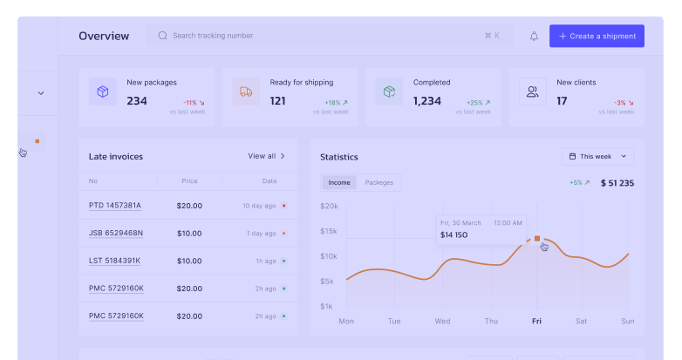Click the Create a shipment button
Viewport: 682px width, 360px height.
pyautogui.click(x=597, y=36)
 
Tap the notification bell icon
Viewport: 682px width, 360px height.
pyautogui.click(x=534, y=36)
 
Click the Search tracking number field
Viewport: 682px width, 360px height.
pyautogui.click(x=314, y=36)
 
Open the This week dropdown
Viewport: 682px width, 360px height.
pyautogui.click(x=598, y=156)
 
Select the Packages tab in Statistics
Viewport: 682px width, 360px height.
pyautogui.click(x=379, y=183)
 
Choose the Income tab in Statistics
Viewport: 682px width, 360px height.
pyautogui.click(x=339, y=183)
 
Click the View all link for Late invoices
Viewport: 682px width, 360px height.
pyautogui.click(x=267, y=156)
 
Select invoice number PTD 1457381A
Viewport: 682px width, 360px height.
pyautogui.click(x=115, y=206)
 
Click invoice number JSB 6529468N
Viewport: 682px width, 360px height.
pyautogui.click(x=116, y=234)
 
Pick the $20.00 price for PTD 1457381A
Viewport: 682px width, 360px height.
pyautogui.click(x=189, y=206)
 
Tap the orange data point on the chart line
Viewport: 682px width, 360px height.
pyautogui.click(x=537, y=238)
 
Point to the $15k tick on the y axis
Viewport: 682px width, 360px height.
pyautogui.click(x=329, y=231)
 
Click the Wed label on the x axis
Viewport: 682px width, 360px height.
pyautogui.click(x=442, y=321)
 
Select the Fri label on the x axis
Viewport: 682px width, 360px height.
pyautogui.click(x=536, y=321)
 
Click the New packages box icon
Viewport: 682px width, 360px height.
pyautogui.click(x=103, y=92)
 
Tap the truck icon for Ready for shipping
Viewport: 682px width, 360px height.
pyautogui.click(x=246, y=92)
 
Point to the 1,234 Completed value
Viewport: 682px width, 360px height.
pyautogui.click(x=427, y=101)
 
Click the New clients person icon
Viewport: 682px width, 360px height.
pyautogui.click(x=532, y=92)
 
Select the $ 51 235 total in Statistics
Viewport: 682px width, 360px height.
pyautogui.click(x=617, y=183)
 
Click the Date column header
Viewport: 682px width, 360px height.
pyautogui.click(x=269, y=181)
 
